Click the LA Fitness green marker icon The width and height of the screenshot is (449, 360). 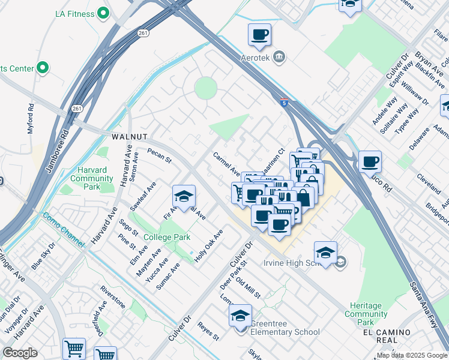coord(103,12)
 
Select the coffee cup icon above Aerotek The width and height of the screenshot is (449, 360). coord(259,35)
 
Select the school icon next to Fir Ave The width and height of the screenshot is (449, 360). coord(184,196)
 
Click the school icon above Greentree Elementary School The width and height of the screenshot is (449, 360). coord(240,314)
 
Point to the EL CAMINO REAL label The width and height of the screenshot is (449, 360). coord(387,336)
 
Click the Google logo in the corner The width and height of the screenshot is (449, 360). coord(20,353)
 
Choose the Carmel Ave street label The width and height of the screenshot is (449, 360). coord(227,163)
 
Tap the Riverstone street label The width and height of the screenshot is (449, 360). coord(113,296)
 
